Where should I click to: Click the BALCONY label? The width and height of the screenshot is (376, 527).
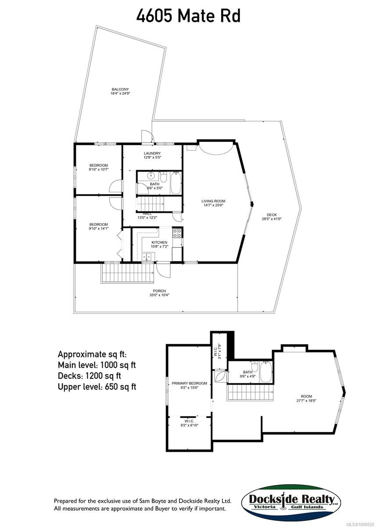coord(120,89)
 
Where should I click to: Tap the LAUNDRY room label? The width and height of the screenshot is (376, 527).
coord(152,153)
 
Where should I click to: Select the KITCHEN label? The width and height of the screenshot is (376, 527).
coord(159,242)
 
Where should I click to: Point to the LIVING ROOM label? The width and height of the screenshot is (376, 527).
coord(213,201)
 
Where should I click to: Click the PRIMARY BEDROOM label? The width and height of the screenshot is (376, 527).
coord(189,383)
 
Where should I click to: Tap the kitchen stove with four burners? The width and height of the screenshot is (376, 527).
coord(178,233)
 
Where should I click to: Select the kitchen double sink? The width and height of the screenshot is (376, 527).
coord(147,257)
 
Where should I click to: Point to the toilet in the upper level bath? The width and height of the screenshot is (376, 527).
coord(254,366)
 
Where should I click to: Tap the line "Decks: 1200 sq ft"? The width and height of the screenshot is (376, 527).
coord(89,375)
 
